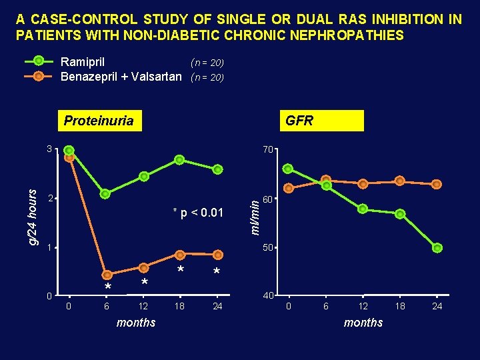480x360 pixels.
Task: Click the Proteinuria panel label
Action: coord(98,121)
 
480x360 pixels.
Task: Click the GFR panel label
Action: coord(299,121)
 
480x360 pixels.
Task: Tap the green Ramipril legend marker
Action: coord(39,62)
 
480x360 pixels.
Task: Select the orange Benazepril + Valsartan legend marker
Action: coord(39,76)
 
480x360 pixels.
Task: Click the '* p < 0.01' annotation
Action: coord(198,213)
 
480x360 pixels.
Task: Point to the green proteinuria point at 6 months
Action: coord(105,194)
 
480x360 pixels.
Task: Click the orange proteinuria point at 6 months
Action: coord(107,275)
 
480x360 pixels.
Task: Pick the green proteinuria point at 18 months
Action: coord(179,160)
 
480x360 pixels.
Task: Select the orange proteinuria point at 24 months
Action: coord(217,254)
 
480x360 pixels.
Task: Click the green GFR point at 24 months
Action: coord(437,248)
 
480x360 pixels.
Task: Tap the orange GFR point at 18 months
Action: coord(399,181)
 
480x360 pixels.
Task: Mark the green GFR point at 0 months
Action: coord(288,169)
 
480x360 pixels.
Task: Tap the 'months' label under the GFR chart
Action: coord(363,323)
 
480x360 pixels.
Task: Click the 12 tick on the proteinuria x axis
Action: coord(143,307)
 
